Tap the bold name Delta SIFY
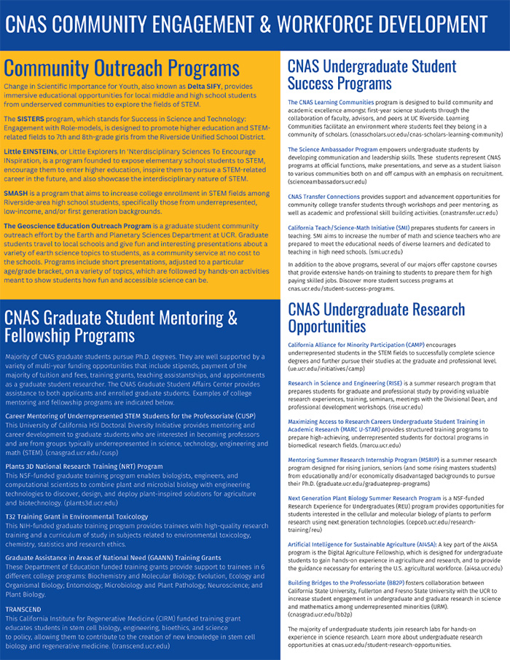(204, 87)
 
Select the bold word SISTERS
(31, 118)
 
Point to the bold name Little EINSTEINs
(30, 151)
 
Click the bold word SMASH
(16, 193)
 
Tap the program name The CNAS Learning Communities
(331, 103)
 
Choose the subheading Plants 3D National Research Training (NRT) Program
(84, 465)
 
